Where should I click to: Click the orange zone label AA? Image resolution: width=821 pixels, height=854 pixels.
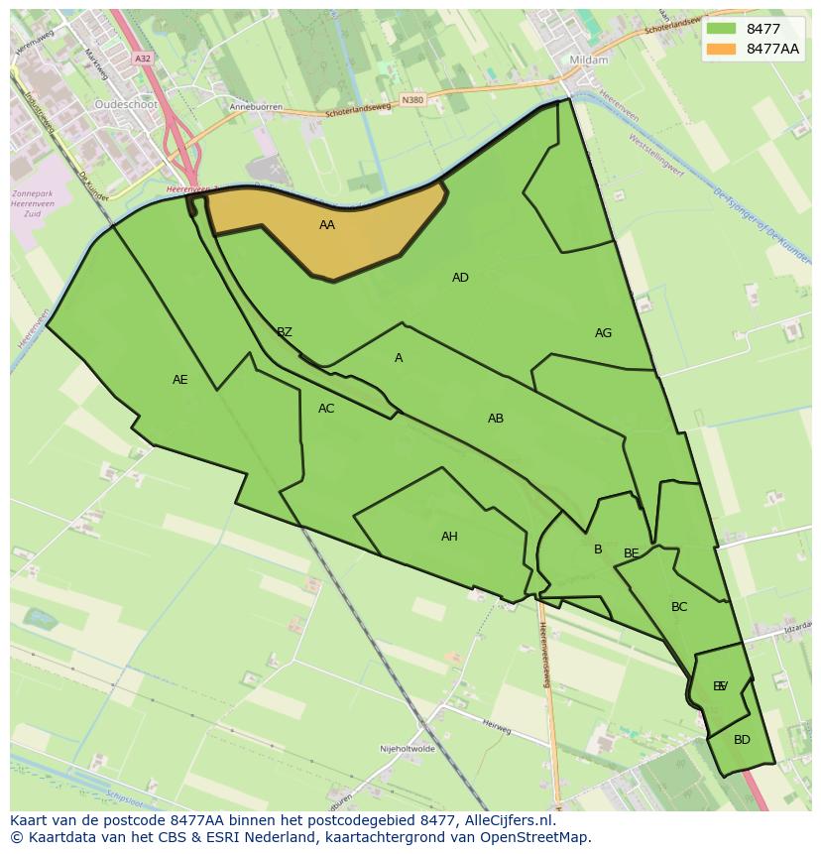click(x=327, y=225)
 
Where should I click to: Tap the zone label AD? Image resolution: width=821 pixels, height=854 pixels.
click(x=460, y=278)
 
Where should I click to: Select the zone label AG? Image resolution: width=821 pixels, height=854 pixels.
click(x=603, y=333)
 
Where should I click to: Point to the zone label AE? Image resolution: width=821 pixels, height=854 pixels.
click(x=179, y=380)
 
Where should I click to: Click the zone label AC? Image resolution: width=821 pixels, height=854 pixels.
click(x=326, y=409)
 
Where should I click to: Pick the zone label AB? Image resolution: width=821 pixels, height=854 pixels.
click(x=496, y=419)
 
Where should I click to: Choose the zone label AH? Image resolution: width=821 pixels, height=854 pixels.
click(x=449, y=537)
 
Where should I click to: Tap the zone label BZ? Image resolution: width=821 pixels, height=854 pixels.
click(x=285, y=332)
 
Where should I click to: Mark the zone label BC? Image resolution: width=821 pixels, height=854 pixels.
click(x=679, y=607)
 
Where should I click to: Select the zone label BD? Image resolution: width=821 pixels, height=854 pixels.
click(x=742, y=740)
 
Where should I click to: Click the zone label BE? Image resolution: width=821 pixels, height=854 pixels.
click(x=632, y=553)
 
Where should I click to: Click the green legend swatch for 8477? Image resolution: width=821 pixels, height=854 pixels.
click(x=722, y=29)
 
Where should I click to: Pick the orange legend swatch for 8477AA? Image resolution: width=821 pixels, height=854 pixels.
click(x=722, y=49)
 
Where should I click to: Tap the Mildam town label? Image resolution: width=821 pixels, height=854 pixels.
click(x=589, y=60)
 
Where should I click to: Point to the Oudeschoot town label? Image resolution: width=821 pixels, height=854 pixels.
click(x=126, y=103)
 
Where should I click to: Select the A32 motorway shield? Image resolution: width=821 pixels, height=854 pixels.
click(x=143, y=59)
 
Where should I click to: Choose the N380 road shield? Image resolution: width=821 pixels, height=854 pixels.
click(x=412, y=100)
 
